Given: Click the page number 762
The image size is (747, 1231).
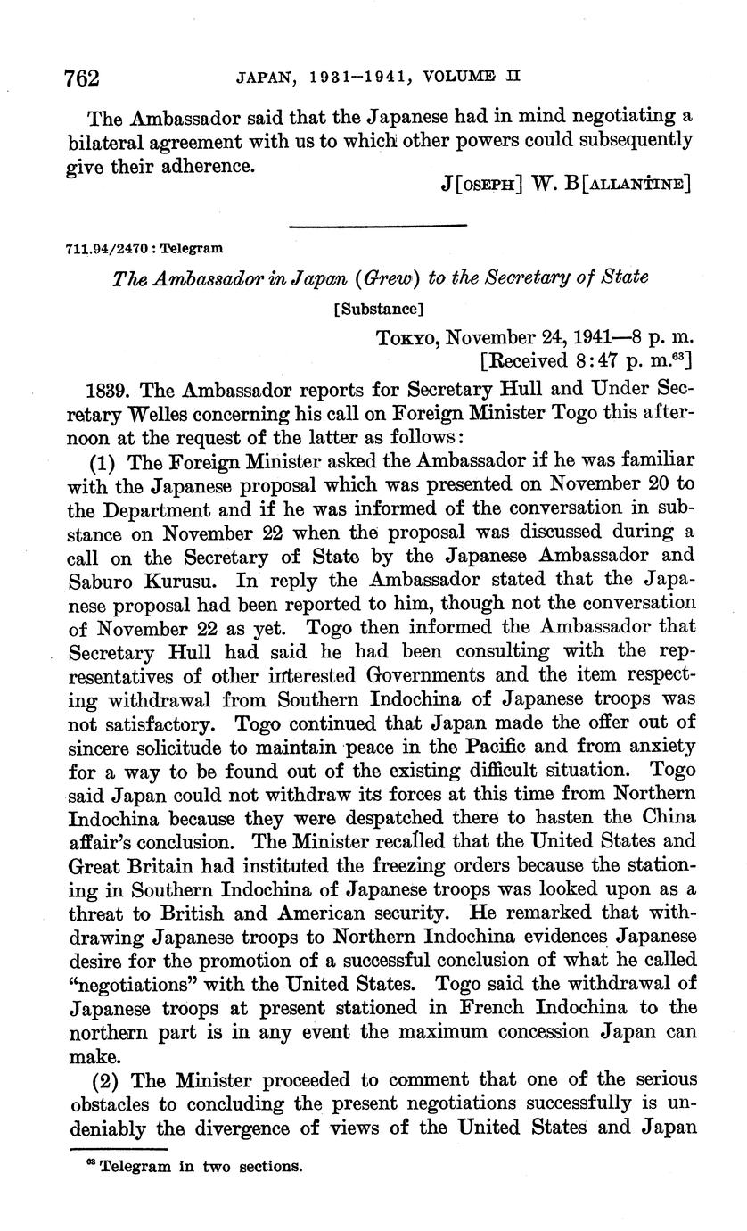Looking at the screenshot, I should pyautogui.click(x=81, y=77).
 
